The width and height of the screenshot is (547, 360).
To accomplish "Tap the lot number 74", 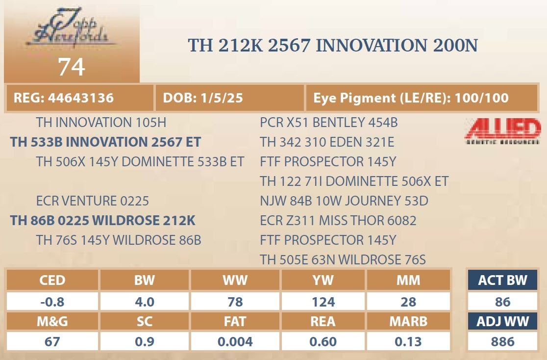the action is click(72, 67).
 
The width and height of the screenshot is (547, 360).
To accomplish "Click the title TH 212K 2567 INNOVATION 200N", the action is click(333, 46).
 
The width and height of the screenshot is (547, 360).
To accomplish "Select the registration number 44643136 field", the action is click(79, 98).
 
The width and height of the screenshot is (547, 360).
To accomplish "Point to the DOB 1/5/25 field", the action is click(229, 98).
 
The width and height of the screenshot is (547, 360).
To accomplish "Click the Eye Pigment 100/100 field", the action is click(422, 98).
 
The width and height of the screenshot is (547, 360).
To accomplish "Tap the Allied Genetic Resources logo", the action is click(503, 131).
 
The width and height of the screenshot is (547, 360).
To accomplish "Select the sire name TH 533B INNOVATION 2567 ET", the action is click(105, 142).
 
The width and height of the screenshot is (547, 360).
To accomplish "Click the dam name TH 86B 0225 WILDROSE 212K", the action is click(102, 221).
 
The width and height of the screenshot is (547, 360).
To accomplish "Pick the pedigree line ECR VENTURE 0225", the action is click(93, 201).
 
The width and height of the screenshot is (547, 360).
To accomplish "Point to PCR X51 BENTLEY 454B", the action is click(328, 123).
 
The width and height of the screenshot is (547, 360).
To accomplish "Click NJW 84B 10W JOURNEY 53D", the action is click(344, 201).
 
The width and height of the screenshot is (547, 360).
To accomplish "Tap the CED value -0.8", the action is click(52, 302).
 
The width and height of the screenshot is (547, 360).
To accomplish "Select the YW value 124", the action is click(323, 302).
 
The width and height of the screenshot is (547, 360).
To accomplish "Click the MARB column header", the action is click(408, 321).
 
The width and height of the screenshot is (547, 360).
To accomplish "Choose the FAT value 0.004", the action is click(235, 341).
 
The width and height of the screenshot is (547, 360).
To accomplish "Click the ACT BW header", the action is click(502, 280).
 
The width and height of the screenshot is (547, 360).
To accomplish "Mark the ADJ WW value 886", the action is click(502, 341).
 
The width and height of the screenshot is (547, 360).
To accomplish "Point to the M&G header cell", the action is click(52, 321).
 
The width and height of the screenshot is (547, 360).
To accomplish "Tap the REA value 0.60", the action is click(323, 341).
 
